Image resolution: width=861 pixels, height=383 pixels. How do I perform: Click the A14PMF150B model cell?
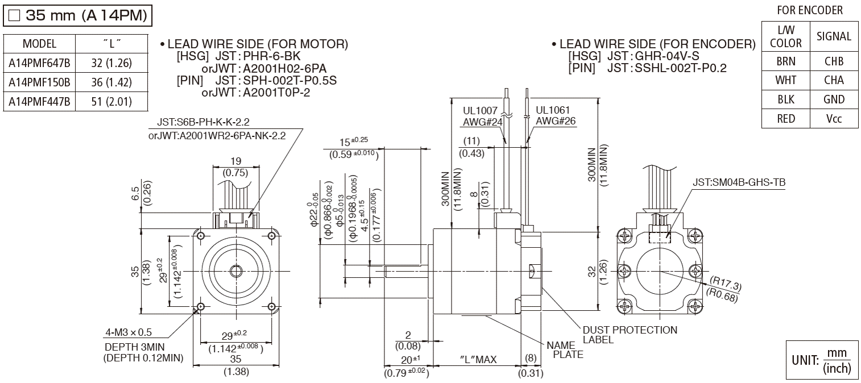pyautogui.click(x=39, y=82)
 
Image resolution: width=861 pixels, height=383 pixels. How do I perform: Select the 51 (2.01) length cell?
pyautogui.click(x=111, y=101)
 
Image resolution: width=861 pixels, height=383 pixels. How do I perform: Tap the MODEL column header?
pyautogui.click(x=39, y=44)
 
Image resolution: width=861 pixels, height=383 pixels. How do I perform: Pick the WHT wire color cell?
pyautogui.click(x=785, y=80)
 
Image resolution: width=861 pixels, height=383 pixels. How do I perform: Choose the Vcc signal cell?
pyautogui.click(x=834, y=119)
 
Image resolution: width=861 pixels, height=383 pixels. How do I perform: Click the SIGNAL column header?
pyautogui.click(x=834, y=36)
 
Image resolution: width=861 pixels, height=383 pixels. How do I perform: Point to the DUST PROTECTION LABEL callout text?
pyautogui.click(x=630, y=334)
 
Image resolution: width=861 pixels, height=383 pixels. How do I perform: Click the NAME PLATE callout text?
pyautogui.click(x=565, y=349)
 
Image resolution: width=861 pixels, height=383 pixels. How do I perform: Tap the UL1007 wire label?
pyautogui.click(x=481, y=110)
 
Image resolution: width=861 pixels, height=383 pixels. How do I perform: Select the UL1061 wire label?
pyautogui.click(x=552, y=110)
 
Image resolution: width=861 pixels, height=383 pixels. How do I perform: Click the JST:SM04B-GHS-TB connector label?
pyautogui.click(x=739, y=182)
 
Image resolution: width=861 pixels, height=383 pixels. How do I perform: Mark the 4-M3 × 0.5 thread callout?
pyautogui.click(x=129, y=332)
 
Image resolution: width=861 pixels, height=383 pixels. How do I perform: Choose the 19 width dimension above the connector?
pyautogui.click(x=237, y=161)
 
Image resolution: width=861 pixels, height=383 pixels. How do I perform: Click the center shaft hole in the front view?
pyautogui.click(x=234, y=268)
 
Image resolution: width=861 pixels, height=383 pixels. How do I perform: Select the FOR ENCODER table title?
pyautogui.click(x=809, y=10)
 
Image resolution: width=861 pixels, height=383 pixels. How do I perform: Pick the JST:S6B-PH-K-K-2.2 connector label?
pyautogui.click(x=203, y=122)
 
